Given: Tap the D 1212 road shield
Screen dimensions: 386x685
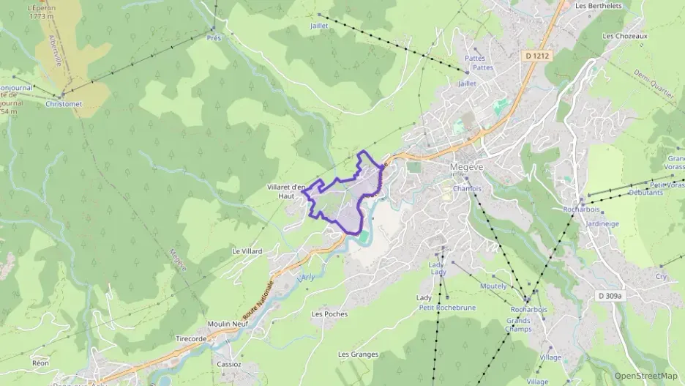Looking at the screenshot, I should pos(537,55).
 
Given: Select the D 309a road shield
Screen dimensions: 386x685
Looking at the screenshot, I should pos(609,296).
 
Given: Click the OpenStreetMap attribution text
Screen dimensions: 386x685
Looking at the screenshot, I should pos(645,376).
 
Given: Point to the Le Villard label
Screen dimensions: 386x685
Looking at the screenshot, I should pos(247,251).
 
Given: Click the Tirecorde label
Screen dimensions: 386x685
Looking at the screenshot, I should pos(192,338).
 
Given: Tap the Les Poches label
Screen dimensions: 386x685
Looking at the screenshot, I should pos(329,313).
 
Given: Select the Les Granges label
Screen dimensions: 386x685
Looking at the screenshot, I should pos(358,355).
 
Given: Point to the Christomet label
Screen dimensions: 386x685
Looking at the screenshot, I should pos(64,104).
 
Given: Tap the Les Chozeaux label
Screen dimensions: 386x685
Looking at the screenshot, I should pos(622,35).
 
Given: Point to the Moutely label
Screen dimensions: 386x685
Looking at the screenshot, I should pos(493,286).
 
